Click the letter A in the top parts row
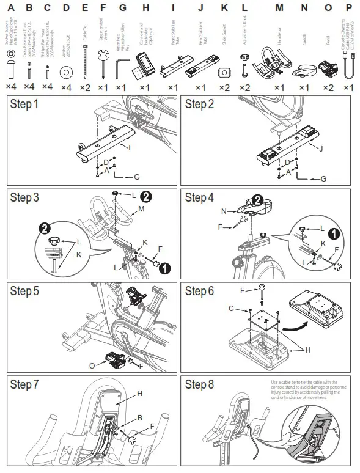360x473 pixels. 11,8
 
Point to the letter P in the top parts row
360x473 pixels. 348,8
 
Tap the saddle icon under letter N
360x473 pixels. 304,71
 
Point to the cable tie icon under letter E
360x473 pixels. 85,65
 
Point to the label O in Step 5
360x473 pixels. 93,366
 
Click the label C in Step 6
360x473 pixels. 232,309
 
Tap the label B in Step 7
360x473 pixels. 140,417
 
